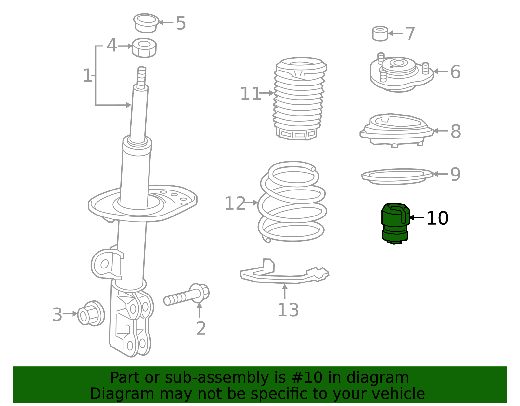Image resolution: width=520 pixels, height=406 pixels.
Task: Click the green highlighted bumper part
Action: [x=395, y=223]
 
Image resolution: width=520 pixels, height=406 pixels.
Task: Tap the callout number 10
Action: [x=437, y=218]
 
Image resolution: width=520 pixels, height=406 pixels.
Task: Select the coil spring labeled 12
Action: [x=292, y=202]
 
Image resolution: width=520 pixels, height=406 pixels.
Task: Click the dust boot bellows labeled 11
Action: [x=300, y=98]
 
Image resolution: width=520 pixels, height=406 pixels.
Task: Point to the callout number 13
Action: [x=288, y=310]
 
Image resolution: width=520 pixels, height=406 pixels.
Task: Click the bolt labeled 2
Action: [x=187, y=295]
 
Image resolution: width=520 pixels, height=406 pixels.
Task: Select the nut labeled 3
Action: [x=91, y=313]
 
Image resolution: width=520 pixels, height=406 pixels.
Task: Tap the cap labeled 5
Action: [x=146, y=23]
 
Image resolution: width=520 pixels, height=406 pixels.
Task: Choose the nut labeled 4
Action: [x=144, y=47]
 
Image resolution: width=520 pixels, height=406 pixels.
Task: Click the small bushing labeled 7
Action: [x=380, y=33]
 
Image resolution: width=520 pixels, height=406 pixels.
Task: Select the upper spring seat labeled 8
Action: [x=397, y=130]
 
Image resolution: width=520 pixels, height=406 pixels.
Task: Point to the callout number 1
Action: [x=87, y=75]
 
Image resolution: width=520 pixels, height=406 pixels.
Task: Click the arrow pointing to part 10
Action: [x=417, y=218]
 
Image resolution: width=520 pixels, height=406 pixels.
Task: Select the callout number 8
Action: [x=456, y=131]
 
